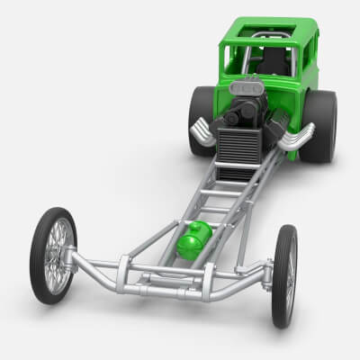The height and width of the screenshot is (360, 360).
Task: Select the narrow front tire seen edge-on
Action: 284,274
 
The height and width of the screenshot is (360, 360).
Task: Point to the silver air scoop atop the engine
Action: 247,89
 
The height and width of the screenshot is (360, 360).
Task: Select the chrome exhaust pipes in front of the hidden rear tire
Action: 203,133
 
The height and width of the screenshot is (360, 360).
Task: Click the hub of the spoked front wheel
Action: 55,256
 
